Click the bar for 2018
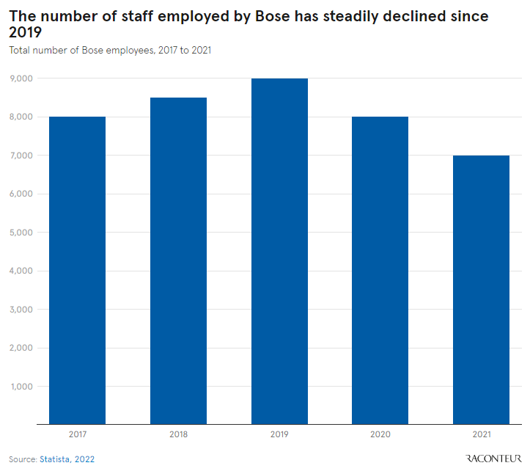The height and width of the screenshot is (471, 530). (x=178, y=260)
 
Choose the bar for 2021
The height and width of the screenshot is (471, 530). (x=481, y=289)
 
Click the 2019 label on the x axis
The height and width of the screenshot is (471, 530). (x=279, y=434)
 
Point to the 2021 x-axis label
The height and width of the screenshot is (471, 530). (x=481, y=434)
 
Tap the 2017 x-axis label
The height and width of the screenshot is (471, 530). (x=77, y=434)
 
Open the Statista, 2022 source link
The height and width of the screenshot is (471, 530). (x=67, y=459)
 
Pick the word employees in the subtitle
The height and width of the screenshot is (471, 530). (x=120, y=51)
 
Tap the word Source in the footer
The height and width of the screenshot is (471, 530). (x=22, y=459)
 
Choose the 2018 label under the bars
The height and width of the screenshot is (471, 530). (x=178, y=434)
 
